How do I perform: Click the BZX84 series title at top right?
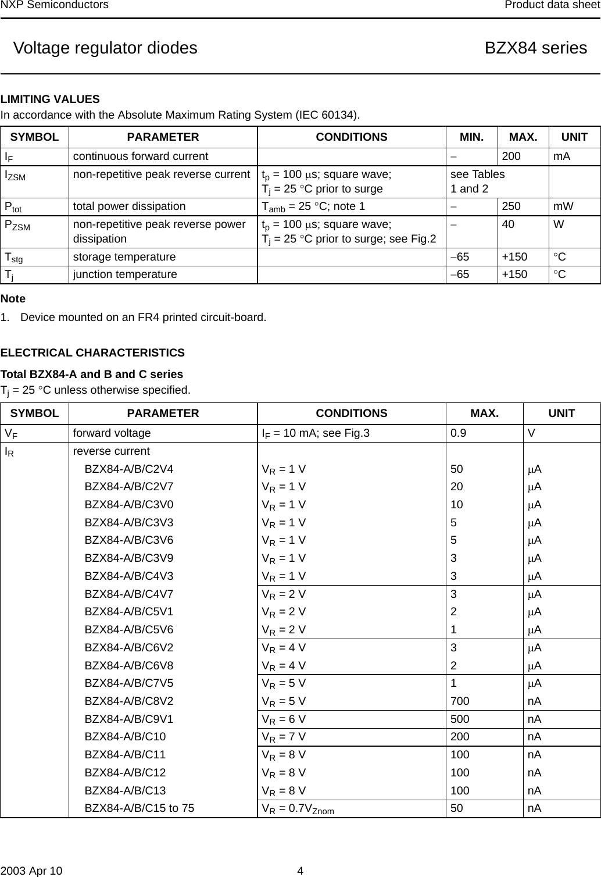pos(535,48)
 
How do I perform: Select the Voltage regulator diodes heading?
pos(105,48)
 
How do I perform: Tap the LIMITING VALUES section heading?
pos(50,99)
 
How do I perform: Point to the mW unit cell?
pos(563,206)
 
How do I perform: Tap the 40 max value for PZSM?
pos(507,224)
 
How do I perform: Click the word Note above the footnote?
pos(13,299)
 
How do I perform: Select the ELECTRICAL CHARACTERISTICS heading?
pos(92,353)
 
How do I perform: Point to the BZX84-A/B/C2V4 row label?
pos(128,469)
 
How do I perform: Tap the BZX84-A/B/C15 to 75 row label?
pos(139,808)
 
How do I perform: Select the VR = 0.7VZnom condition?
pos(298,809)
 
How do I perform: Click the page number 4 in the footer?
pos(300,871)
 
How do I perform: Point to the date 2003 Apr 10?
pos(30,871)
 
